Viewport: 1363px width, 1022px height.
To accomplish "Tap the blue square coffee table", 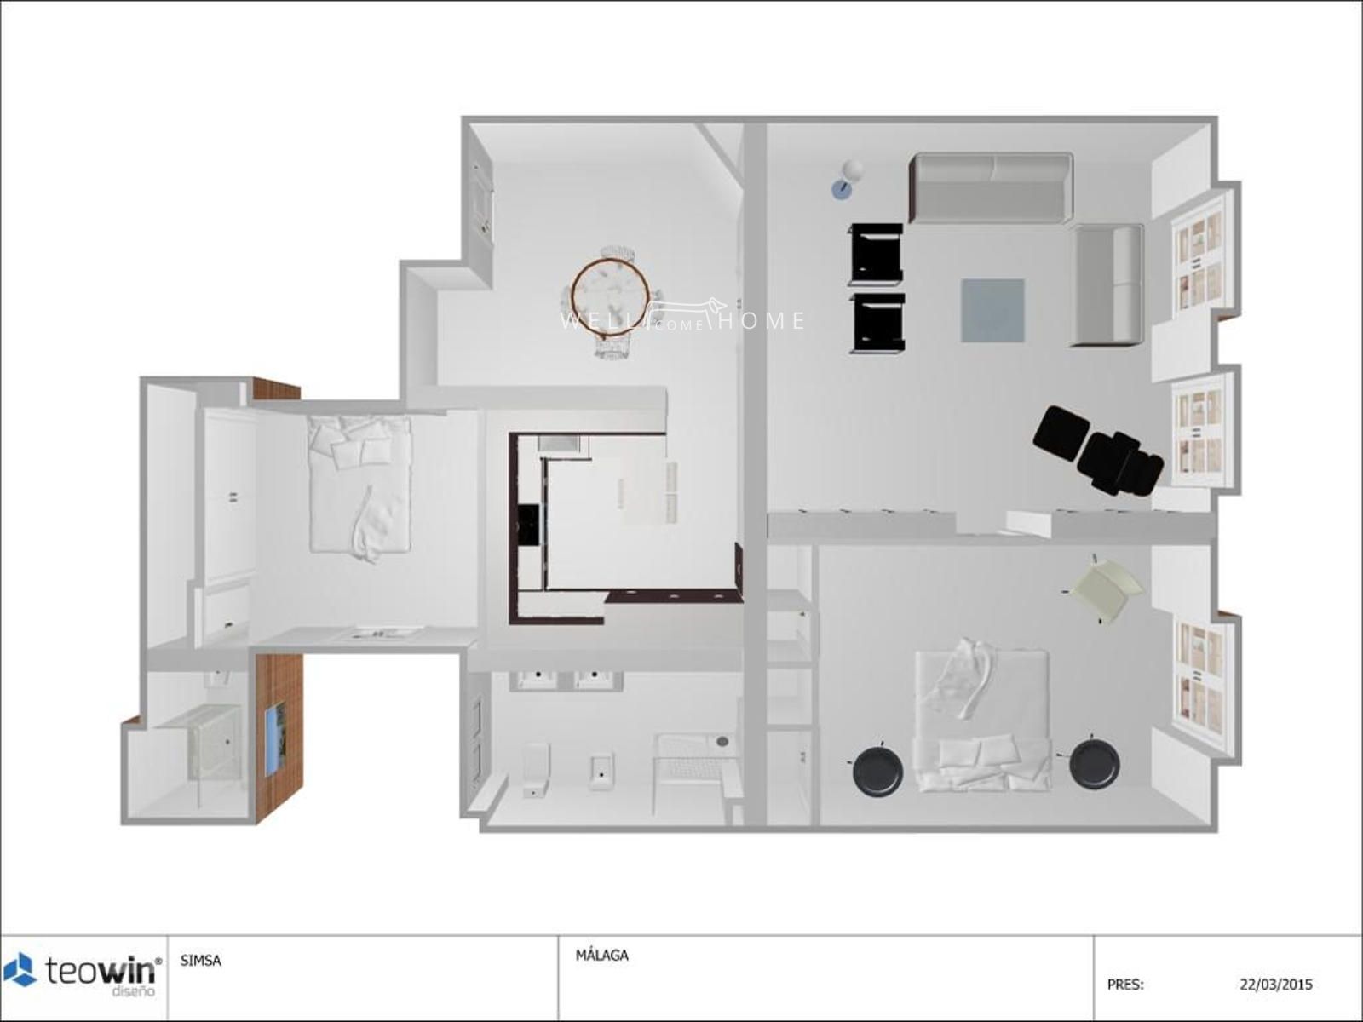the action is pos(992,310).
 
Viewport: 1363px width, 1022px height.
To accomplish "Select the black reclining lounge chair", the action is pos(1098,450).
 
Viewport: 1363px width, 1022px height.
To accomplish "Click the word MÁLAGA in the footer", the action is pos(601,956).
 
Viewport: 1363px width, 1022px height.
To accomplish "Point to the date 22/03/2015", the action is pos(1276,985).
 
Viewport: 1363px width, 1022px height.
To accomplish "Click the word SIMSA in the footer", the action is pos(200,962).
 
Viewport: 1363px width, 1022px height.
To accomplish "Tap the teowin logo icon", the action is pos(20,970).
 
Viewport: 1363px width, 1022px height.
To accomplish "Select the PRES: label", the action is pos(1125,985).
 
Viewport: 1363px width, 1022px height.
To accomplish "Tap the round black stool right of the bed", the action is pos(1094,761).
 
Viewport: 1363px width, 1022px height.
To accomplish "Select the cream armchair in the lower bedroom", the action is pos(1107,589).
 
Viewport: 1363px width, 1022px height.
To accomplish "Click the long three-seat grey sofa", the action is pos(991,187).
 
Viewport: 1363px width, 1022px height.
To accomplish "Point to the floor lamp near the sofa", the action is pos(847,179).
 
